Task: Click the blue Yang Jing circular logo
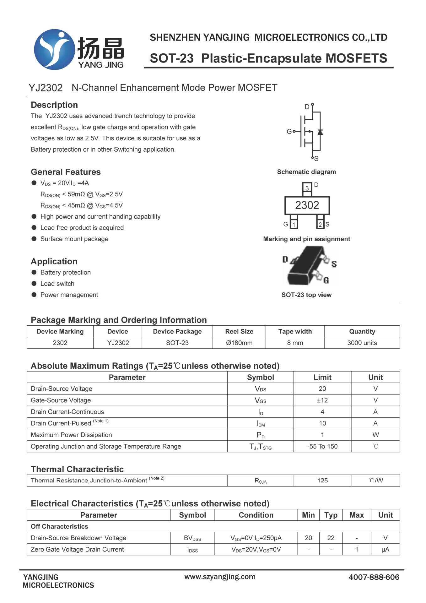tap(54, 49)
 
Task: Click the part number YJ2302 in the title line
tap(46, 88)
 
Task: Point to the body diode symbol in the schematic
tap(320, 132)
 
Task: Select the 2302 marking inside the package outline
tap(307, 205)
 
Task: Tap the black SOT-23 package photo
tap(306, 267)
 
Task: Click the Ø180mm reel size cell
tap(239, 343)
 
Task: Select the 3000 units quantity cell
tap(362, 343)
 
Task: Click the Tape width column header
tap(295, 332)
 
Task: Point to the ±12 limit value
tap(322, 400)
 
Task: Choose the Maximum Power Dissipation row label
tap(71, 435)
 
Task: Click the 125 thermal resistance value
tap(322, 481)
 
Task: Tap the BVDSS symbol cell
tap(192, 538)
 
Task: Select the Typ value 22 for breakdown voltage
tap(331, 538)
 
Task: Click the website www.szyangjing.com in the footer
tap(220, 577)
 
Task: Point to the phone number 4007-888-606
tap(374, 577)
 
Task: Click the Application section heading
tap(54, 262)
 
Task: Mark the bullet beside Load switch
tap(34, 284)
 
